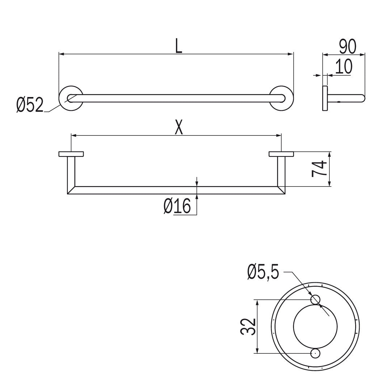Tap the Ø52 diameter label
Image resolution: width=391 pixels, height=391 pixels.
coord(30,105)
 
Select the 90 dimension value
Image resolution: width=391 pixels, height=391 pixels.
coord(348,46)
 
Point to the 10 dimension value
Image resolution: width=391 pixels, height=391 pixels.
coord(343,67)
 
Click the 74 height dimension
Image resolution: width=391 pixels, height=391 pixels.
coord(319,169)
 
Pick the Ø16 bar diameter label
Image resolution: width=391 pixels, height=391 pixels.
coord(177,207)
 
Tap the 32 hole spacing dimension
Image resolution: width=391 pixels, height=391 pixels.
coord(248,327)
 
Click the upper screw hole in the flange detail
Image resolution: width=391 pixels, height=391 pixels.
coord(315,299)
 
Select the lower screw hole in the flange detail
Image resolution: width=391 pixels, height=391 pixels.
coord(315,353)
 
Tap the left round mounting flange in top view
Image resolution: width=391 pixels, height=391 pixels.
coord(71,98)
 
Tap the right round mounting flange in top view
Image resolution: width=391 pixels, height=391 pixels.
coord(281,98)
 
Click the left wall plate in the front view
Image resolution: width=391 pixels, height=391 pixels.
coord(71,154)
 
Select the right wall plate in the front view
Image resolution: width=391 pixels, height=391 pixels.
coord(281,154)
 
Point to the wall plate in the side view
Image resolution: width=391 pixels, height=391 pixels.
coord(325,98)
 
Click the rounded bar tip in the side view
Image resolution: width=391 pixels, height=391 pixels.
coord(362,98)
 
